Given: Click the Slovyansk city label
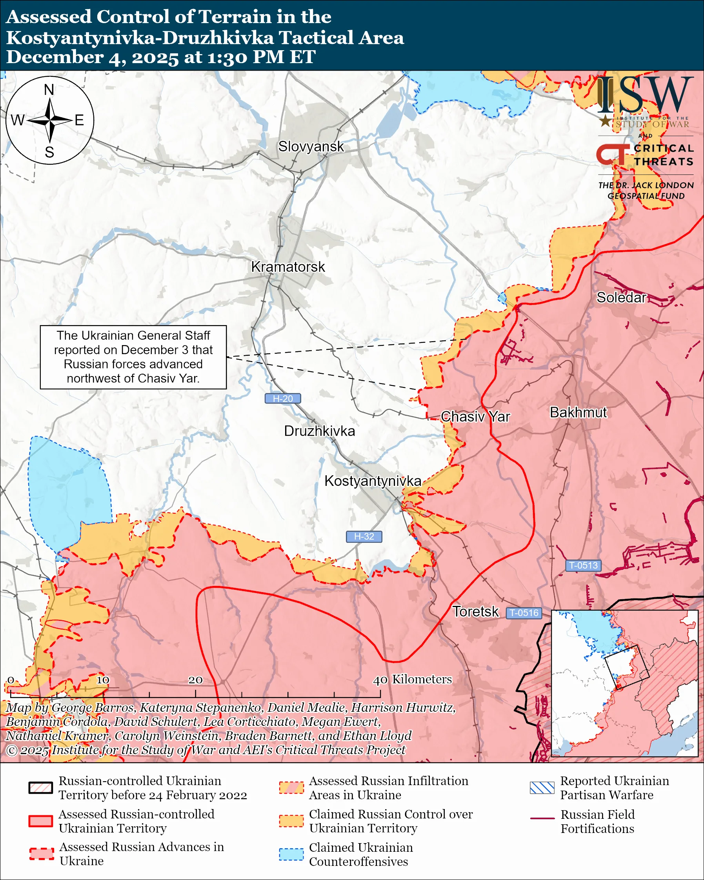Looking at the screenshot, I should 311,147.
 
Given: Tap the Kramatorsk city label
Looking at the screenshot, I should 288,267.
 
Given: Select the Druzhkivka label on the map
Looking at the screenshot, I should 319,431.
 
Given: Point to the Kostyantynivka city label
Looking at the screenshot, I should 373,481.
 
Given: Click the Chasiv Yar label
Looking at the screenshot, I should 475,417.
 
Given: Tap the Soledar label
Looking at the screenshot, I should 621,298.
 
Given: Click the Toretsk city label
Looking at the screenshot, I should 475,612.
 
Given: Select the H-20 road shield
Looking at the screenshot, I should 283,399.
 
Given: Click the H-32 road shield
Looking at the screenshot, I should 364,537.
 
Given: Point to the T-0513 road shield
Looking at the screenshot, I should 583,566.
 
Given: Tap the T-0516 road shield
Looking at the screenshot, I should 524,613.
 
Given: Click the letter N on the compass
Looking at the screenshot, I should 49,90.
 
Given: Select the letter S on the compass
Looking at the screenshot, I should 49,153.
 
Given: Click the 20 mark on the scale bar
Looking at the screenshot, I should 195,680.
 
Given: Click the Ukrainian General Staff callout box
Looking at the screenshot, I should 133,357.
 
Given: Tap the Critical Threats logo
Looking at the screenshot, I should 645,155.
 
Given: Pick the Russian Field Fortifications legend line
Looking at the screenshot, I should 542,819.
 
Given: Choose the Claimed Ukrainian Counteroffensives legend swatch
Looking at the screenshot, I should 291,854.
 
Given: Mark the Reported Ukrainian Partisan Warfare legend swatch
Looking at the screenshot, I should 542,788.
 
